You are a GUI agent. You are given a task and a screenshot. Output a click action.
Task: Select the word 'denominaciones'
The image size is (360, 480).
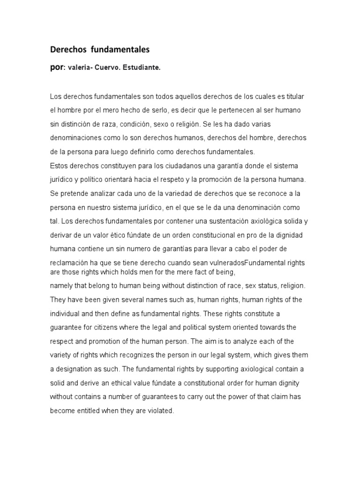pos(75,138)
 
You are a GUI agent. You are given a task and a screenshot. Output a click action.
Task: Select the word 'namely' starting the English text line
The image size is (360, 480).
pos(61,285)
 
